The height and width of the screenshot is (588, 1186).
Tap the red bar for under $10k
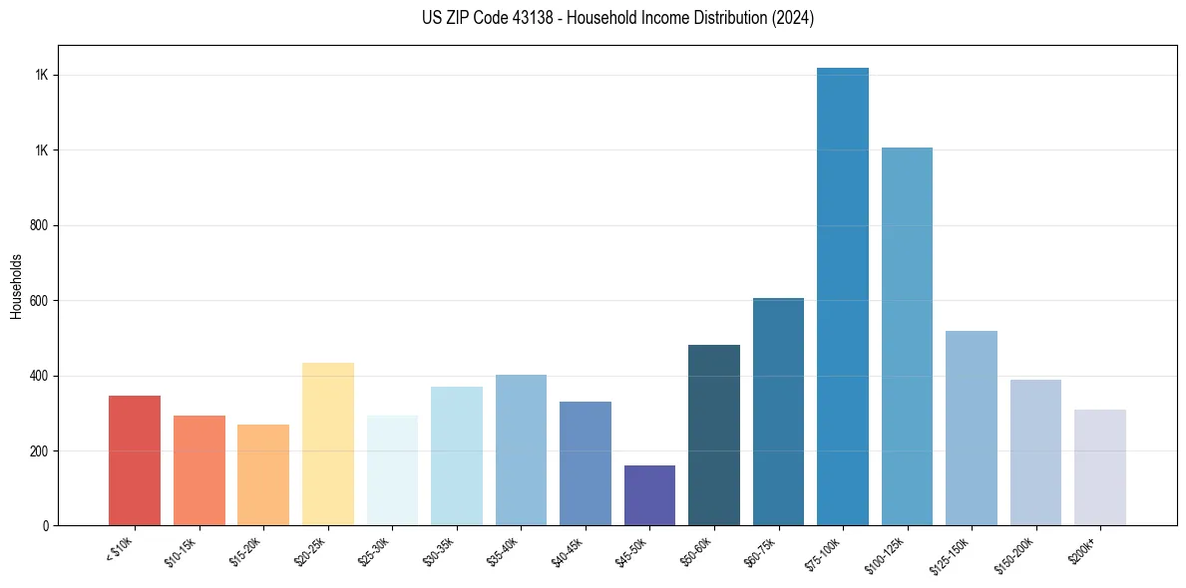click(135, 460)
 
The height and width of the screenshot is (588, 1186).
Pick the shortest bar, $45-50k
click(649, 495)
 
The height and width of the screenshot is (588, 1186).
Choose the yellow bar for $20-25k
click(327, 443)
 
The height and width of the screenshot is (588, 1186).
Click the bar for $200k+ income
click(1099, 467)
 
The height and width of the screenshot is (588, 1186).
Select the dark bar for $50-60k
click(714, 435)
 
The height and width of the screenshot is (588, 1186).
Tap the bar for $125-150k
click(971, 428)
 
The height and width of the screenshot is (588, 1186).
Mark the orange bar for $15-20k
click(263, 474)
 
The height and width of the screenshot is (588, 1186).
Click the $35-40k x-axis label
click(506, 551)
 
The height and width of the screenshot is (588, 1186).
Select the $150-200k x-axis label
click(1018, 554)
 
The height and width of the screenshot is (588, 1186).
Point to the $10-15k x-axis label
click(184, 551)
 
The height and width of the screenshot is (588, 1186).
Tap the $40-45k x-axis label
click(570, 551)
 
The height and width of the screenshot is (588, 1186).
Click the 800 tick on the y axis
click(40, 225)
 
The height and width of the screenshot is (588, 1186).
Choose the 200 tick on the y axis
click(40, 450)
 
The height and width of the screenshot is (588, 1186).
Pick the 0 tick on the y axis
click(46, 525)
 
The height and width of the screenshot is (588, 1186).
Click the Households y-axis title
click(16, 285)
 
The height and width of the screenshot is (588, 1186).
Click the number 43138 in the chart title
click(530, 18)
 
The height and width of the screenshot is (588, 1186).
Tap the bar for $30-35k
click(456, 455)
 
